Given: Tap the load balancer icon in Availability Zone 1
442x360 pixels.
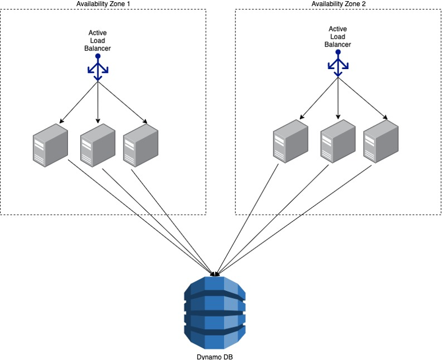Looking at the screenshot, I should click(x=98, y=69).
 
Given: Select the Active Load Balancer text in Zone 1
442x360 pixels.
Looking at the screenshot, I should click(x=98, y=40).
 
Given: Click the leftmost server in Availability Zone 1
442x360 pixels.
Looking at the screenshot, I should click(x=50, y=147).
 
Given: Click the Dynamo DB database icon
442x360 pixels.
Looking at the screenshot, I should click(x=215, y=312).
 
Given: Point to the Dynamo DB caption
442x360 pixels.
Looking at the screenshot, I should click(x=215, y=356).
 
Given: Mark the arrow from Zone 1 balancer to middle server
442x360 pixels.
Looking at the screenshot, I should click(x=98, y=101).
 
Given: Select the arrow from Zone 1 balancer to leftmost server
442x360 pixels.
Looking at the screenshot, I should click(x=79, y=101).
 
